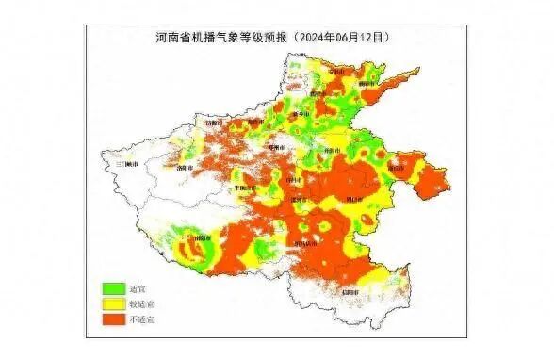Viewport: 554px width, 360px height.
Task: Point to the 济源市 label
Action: click(214, 123)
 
